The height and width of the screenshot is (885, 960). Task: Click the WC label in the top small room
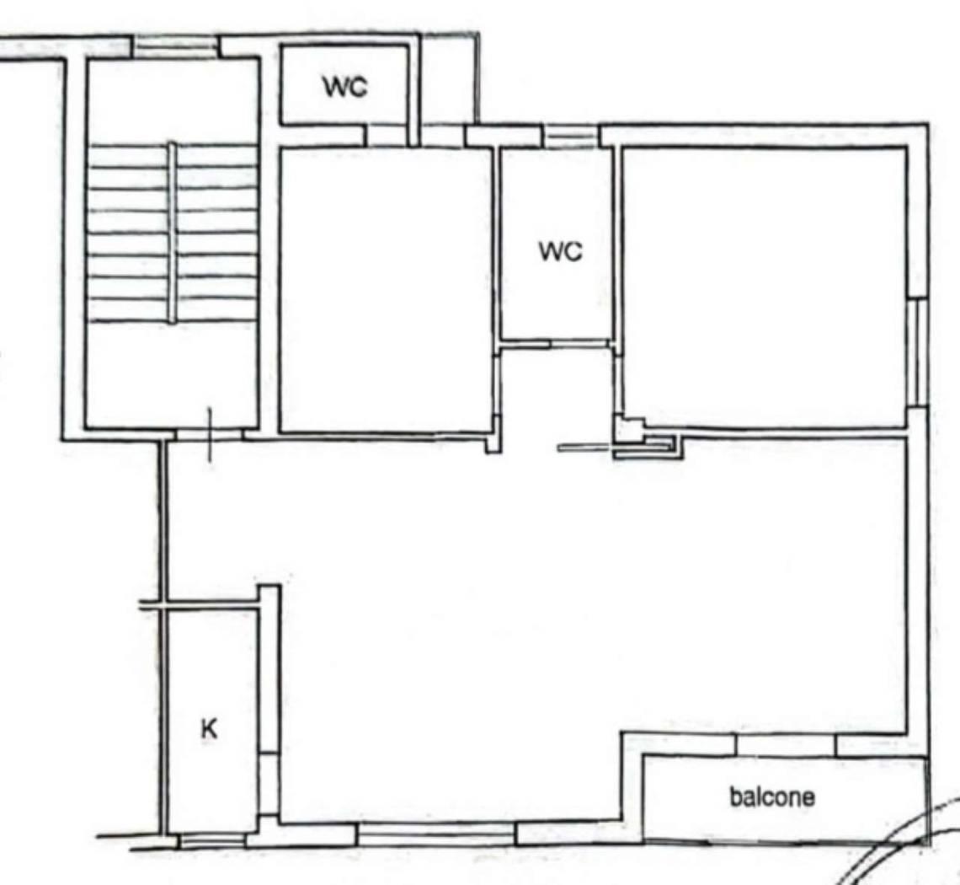[346, 88]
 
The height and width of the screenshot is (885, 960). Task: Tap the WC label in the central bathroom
[561, 251]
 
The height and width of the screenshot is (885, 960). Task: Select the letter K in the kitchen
[210, 729]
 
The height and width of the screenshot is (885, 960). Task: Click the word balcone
[772, 796]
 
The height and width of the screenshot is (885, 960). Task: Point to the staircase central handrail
[173, 233]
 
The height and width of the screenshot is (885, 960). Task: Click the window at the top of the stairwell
[176, 48]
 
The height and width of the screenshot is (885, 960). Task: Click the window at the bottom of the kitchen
[212, 841]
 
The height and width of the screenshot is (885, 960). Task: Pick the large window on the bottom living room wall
[436, 834]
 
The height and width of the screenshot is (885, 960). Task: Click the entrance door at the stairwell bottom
[210, 435]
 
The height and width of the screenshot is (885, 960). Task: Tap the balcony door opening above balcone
[786, 745]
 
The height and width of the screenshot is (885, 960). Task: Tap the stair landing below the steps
[172, 374]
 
